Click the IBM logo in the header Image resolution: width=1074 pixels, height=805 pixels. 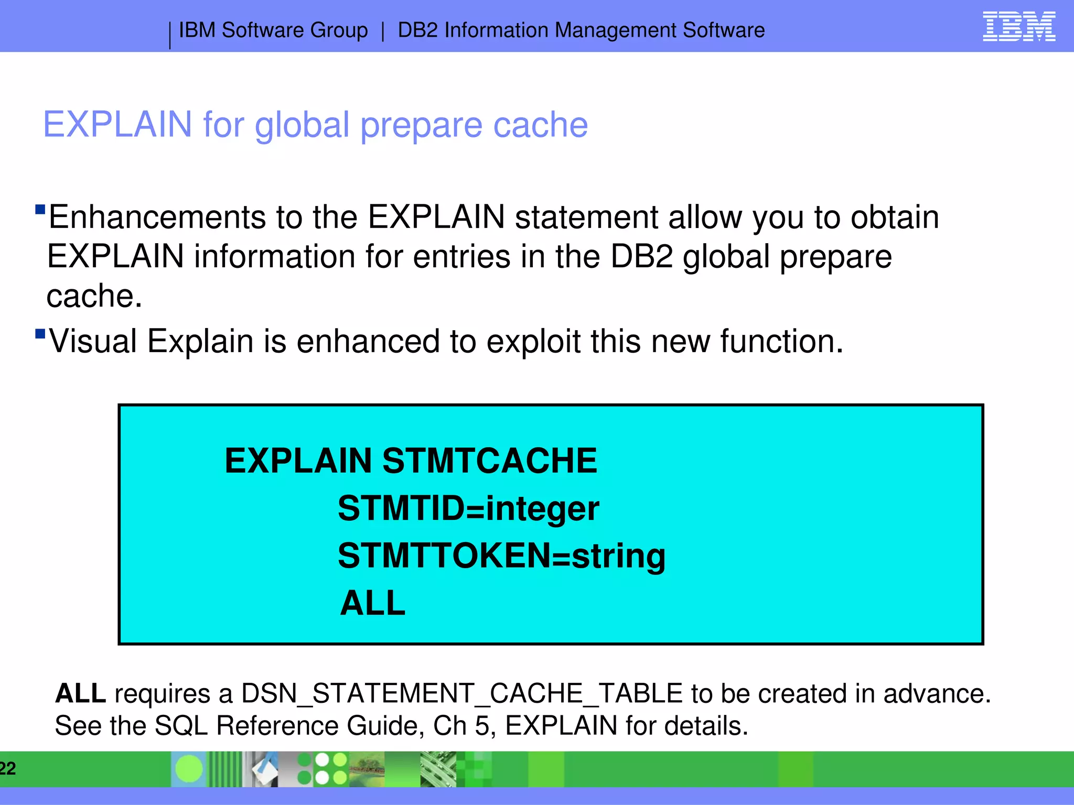point(1018,27)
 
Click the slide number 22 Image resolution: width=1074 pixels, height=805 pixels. point(7,768)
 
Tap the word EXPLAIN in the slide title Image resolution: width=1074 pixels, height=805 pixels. point(117,125)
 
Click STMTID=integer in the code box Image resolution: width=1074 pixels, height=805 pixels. point(468,508)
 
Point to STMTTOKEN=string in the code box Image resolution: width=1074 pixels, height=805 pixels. point(501,556)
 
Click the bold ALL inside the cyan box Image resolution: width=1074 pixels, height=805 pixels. point(372,603)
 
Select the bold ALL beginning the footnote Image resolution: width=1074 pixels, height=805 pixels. point(80,693)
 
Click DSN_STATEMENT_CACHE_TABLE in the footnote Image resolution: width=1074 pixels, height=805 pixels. point(461,693)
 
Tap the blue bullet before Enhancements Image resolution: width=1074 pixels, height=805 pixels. point(40,210)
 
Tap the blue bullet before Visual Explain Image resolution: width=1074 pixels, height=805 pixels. point(40,334)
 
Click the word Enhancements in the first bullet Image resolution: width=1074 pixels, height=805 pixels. point(157,217)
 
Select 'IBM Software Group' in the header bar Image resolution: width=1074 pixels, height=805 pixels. point(273,30)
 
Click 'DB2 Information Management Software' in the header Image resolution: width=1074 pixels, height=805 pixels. point(581,30)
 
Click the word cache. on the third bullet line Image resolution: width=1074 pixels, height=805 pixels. point(94,296)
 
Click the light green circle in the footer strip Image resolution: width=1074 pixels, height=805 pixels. point(188,769)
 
